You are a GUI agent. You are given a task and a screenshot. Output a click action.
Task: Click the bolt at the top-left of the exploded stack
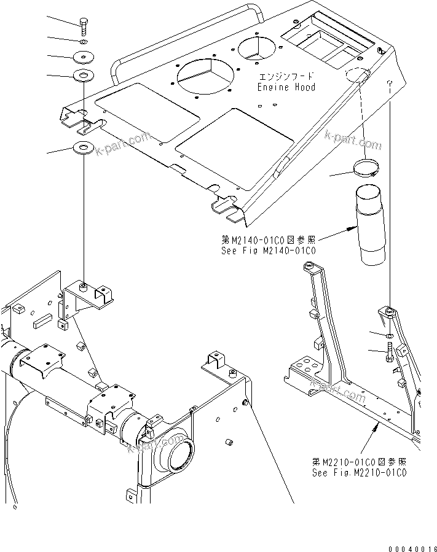[84, 27]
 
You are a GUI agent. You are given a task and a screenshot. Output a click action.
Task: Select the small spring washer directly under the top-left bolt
[84, 42]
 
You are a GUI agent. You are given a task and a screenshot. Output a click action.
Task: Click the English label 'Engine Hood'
[286, 87]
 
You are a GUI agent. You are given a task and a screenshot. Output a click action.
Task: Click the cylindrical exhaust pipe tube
[367, 227]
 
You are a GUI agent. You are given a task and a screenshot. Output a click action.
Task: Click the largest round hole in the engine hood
[205, 78]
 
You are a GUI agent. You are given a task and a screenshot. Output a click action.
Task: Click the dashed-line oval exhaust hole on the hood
[358, 76]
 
